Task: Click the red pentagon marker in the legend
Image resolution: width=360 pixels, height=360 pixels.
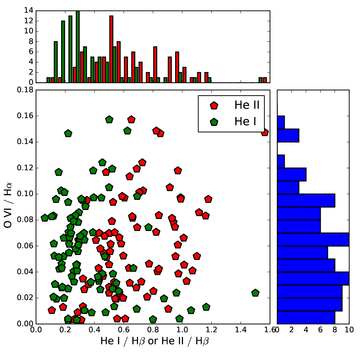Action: coord(214,105)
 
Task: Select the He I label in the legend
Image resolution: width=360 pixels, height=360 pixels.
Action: coord(245,121)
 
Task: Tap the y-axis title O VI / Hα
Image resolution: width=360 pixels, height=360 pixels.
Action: coord(8,205)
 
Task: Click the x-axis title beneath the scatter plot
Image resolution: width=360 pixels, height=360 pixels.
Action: coord(154,341)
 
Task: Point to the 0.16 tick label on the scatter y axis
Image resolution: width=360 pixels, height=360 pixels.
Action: coord(25,116)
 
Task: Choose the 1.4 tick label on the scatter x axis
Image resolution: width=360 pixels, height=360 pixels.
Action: coord(241,330)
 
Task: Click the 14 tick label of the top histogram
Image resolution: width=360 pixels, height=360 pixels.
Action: coord(29,10)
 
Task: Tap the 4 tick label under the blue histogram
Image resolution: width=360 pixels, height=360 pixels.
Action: coord(306,330)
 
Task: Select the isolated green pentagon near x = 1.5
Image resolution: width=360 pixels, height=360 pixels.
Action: coord(255,293)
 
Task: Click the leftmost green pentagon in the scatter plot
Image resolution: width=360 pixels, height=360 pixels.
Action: coord(45,217)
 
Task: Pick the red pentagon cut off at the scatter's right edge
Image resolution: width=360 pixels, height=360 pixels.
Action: coord(265,132)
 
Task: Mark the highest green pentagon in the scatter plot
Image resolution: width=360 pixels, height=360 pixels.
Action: coord(109,119)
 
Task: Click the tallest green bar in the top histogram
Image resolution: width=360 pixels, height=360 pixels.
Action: coord(78,46)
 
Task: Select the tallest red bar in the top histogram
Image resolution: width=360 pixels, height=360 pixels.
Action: coord(111,49)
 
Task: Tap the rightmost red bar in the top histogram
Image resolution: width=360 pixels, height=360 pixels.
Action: coord(265,80)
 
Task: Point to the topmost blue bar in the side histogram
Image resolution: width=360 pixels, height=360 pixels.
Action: coord(281,122)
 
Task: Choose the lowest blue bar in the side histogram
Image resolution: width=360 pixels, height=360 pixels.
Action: coord(306,318)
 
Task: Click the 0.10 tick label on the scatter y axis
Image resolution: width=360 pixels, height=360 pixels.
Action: coord(25,194)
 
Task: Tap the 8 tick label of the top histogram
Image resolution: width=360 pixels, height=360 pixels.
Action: coord(31,42)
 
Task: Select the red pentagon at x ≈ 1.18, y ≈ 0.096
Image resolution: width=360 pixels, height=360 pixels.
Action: coord(208,199)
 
